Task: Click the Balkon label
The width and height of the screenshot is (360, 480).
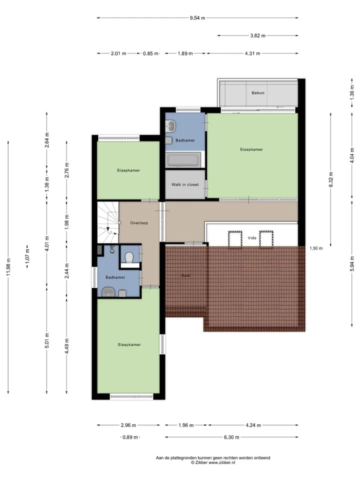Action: (x=258, y=93)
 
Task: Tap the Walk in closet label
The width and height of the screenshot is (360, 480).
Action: (x=185, y=184)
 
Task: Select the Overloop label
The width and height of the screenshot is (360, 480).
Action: (x=139, y=223)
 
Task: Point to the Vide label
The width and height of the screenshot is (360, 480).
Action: (x=252, y=238)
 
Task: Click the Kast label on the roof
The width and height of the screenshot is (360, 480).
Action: (x=186, y=275)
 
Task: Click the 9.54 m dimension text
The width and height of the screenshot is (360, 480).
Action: (x=197, y=18)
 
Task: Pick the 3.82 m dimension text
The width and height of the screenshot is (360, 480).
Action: (x=258, y=35)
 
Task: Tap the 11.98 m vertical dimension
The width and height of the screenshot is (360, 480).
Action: (x=8, y=267)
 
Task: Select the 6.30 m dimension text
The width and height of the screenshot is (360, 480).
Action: (x=231, y=437)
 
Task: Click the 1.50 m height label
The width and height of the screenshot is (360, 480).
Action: (x=316, y=248)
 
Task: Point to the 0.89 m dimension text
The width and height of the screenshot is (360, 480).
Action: (x=130, y=437)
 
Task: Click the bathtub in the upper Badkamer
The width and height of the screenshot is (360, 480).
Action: (x=183, y=160)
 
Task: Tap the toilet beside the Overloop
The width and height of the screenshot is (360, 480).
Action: (x=129, y=257)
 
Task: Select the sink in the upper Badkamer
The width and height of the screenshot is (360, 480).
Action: (x=170, y=126)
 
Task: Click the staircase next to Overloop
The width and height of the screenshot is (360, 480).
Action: (x=108, y=222)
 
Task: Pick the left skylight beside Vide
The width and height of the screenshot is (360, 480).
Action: (x=235, y=239)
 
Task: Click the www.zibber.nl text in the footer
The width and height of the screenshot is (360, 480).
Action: (x=222, y=462)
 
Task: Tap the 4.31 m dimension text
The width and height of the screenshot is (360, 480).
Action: (x=252, y=53)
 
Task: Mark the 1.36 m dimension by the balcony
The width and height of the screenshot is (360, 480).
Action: (x=352, y=92)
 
